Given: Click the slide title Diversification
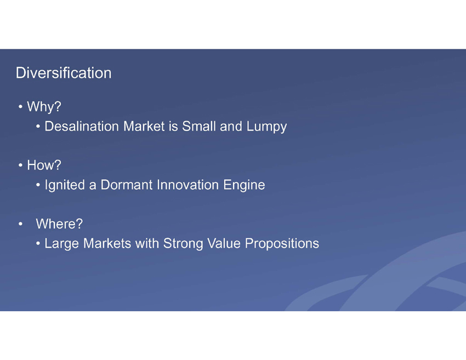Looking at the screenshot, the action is tap(64, 73).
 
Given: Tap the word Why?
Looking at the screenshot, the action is tap(44, 106).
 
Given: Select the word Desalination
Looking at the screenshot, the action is tap(82, 126).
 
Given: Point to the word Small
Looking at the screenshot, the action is tap(199, 126).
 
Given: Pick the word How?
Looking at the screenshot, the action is tap(44, 165).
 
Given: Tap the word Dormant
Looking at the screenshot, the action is tap(127, 185).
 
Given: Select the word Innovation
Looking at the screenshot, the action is tap(188, 185).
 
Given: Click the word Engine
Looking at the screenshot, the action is tap(244, 185).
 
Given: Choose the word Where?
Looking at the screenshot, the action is tap(59, 224).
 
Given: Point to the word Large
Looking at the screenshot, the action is tap(62, 244).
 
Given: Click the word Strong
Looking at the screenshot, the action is tap(183, 244).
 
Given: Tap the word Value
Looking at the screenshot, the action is tap(224, 243).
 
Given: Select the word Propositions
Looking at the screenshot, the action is tap(282, 244).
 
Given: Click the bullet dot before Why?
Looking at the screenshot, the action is tap(20, 107).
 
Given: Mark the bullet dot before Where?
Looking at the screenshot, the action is tap(20, 224).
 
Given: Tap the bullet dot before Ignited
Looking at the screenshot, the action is tap(38, 185).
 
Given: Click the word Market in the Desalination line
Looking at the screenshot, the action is tap(144, 126).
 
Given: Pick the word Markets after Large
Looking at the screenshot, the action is tap(107, 243).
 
